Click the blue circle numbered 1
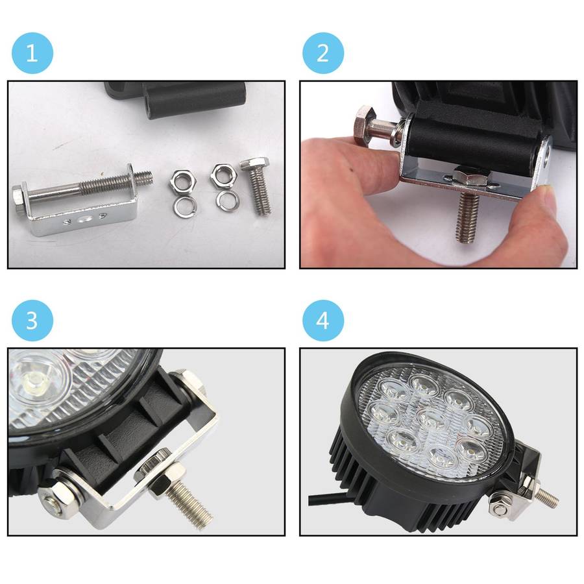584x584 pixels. tap(32, 53)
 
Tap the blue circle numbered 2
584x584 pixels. tap(323, 53)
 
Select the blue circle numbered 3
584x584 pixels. tap(32, 321)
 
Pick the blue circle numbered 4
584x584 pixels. tap(323, 321)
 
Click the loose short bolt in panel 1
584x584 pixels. tap(256, 185)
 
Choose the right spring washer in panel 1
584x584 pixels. tap(228, 201)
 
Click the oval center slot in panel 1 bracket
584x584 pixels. tap(85, 219)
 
